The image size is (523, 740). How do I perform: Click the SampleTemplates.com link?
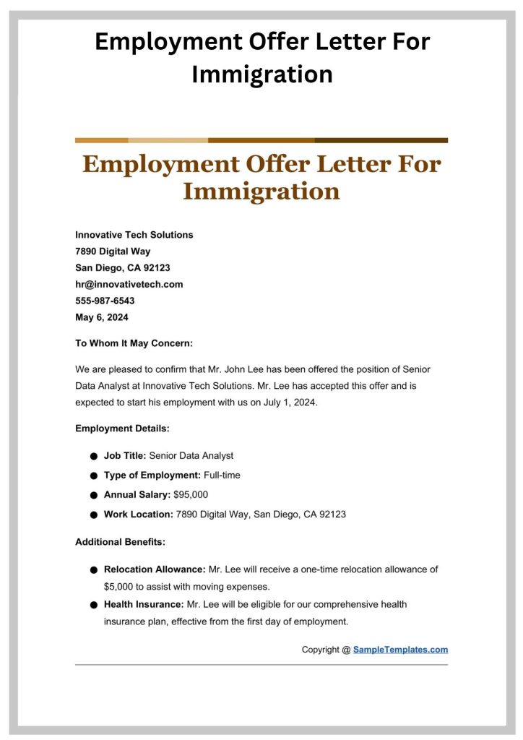400,650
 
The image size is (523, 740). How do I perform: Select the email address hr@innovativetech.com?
129,284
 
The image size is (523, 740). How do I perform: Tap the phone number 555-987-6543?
105,301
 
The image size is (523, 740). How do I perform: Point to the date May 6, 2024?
101,317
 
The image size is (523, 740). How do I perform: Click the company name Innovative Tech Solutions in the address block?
134,235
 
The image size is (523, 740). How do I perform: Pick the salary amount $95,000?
191,494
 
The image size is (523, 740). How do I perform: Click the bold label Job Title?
125,455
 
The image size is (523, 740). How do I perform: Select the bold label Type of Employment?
152,475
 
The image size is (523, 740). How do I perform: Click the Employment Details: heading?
122,429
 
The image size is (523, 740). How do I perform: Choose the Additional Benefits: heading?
121,541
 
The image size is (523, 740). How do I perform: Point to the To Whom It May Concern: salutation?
134,343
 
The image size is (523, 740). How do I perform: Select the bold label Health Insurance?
144,603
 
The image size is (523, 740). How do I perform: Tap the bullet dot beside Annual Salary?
94,495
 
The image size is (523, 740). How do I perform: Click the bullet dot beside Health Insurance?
94,604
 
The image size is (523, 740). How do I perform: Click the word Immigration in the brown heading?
261,191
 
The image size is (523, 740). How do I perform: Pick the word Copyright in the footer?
320,650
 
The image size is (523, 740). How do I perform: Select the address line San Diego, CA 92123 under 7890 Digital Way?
123,267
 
